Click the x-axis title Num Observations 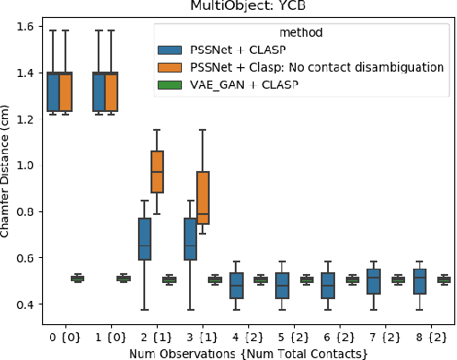pos(246,353)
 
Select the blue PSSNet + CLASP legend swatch pos(168,49)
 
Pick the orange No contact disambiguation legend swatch pos(168,66)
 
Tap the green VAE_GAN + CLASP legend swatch pos(168,84)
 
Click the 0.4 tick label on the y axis pos(27,305)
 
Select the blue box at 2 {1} pos(143,238)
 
